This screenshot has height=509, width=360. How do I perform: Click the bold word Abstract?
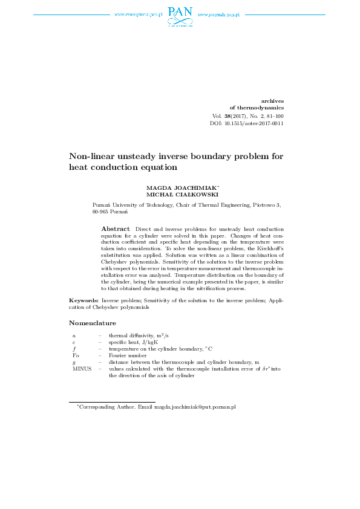coord(115,229)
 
